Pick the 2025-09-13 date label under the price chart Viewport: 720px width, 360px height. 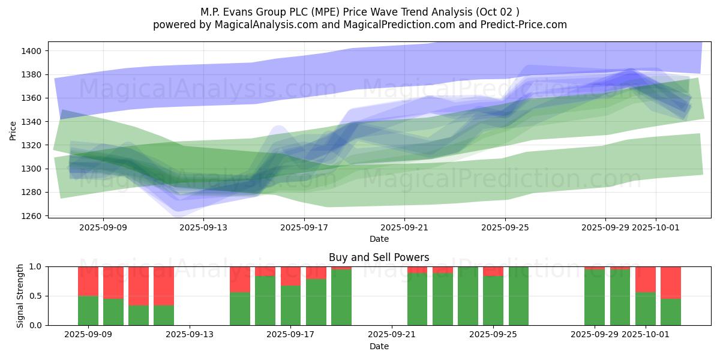tap(203, 227)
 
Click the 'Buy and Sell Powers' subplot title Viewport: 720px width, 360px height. tap(379, 257)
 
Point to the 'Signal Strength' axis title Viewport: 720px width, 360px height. tap(20, 295)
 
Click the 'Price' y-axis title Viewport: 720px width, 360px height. tap(13, 130)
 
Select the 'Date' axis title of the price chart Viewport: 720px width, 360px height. tap(379, 239)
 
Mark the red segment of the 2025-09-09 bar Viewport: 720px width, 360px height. tap(88, 281)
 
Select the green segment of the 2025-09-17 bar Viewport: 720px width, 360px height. tap(290, 305)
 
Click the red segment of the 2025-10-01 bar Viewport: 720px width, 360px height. tap(646, 279)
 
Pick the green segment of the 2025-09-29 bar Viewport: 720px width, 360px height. tap(595, 297)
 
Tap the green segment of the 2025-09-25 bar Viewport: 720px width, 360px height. tap(493, 301)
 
